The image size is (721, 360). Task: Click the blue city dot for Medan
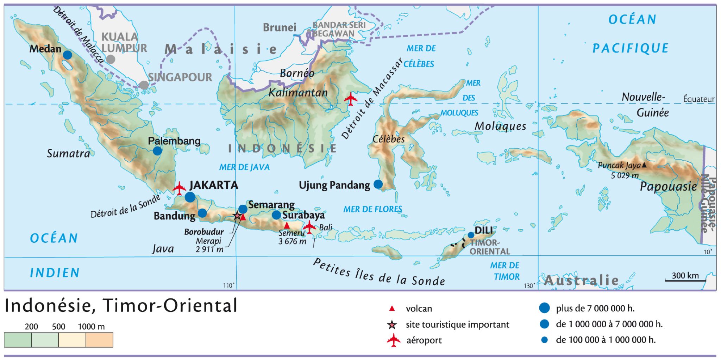(x=67, y=55)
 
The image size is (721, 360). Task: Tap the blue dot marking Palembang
(x=157, y=151)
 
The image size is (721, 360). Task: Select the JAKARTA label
(x=214, y=185)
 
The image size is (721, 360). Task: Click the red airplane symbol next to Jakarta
(x=179, y=188)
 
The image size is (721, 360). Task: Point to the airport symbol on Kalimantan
(x=351, y=99)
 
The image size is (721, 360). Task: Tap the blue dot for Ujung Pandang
(x=378, y=184)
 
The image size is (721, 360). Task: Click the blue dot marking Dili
(x=471, y=235)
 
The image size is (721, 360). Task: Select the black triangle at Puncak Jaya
(x=644, y=165)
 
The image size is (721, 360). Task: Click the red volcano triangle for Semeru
(x=287, y=225)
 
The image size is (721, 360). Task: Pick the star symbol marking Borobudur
(x=237, y=215)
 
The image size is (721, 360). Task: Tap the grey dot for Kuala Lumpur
(x=111, y=59)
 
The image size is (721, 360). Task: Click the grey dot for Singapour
(x=144, y=85)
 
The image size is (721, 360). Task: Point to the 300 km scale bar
(x=685, y=280)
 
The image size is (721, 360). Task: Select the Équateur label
(x=699, y=99)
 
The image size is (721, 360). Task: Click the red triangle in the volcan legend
(x=392, y=309)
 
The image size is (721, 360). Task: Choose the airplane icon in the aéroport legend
(x=394, y=340)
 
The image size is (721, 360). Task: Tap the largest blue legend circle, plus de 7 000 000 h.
(x=544, y=308)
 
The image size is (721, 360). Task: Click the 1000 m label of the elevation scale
(x=91, y=327)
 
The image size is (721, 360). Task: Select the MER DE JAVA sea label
(x=244, y=167)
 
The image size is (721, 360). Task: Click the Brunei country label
(x=280, y=27)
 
